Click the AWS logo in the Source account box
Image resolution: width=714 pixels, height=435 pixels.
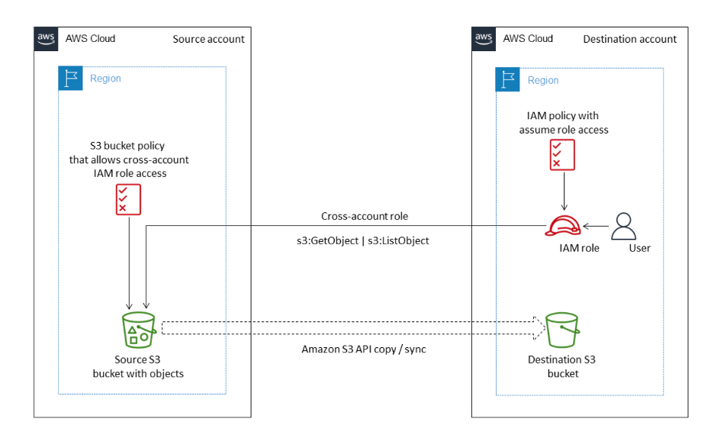click(x=45, y=39)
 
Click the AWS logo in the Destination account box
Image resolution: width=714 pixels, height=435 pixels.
click(x=483, y=39)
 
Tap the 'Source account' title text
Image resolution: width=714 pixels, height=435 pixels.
click(x=209, y=39)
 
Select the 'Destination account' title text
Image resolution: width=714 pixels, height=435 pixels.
click(x=629, y=39)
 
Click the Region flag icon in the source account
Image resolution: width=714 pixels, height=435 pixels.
click(x=70, y=79)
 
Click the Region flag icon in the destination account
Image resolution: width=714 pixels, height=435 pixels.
click(x=507, y=80)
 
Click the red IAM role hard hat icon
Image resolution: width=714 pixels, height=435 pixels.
click(x=564, y=226)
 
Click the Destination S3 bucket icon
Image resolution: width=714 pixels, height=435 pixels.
click(x=561, y=330)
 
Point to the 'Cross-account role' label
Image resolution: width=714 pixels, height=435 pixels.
click(x=365, y=216)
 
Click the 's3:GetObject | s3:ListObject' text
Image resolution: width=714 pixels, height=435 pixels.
click(x=364, y=240)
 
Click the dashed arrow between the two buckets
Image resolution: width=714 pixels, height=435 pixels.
click(x=351, y=327)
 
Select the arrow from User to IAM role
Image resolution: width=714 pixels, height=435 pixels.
click(x=597, y=226)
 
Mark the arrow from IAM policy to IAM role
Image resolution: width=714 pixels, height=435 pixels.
click(x=564, y=191)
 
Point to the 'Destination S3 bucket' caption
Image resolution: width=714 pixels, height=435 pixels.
click(x=561, y=366)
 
